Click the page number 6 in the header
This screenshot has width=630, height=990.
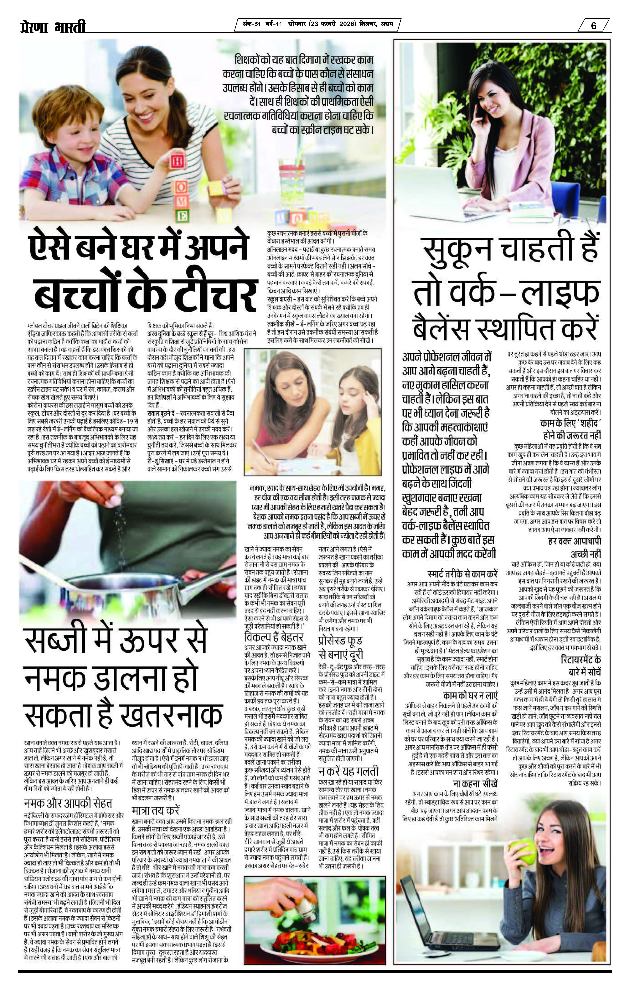[x=593, y=25]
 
